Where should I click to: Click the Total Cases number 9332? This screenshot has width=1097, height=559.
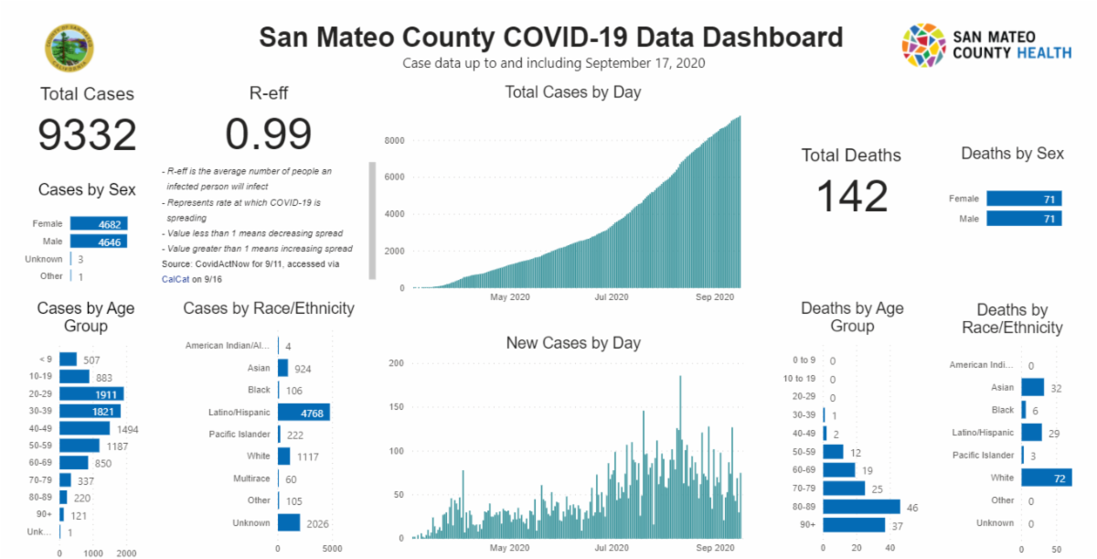click(x=87, y=135)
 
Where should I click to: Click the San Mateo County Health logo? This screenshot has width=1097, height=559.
click(x=986, y=46)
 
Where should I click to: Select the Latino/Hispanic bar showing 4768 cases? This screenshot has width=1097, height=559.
click(x=304, y=413)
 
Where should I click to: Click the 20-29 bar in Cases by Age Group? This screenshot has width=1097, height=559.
click(x=91, y=393)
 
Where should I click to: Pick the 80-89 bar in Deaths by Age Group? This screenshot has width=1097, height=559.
click(x=861, y=507)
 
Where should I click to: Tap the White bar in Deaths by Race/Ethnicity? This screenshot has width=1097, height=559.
click(x=1047, y=478)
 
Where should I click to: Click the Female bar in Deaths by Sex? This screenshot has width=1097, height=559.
click(x=1024, y=199)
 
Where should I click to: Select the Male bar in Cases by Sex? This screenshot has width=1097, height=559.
click(x=99, y=242)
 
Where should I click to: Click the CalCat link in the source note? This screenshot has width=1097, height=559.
click(x=175, y=278)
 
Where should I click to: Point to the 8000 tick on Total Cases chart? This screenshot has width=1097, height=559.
click(x=395, y=141)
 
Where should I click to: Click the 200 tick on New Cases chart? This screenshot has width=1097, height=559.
click(x=396, y=363)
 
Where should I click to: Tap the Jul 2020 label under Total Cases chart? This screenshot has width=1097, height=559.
click(x=612, y=297)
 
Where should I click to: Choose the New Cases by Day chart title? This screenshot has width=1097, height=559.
click(x=573, y=343)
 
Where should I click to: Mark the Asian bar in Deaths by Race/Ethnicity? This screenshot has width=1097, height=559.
click(x=1033, y=388)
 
